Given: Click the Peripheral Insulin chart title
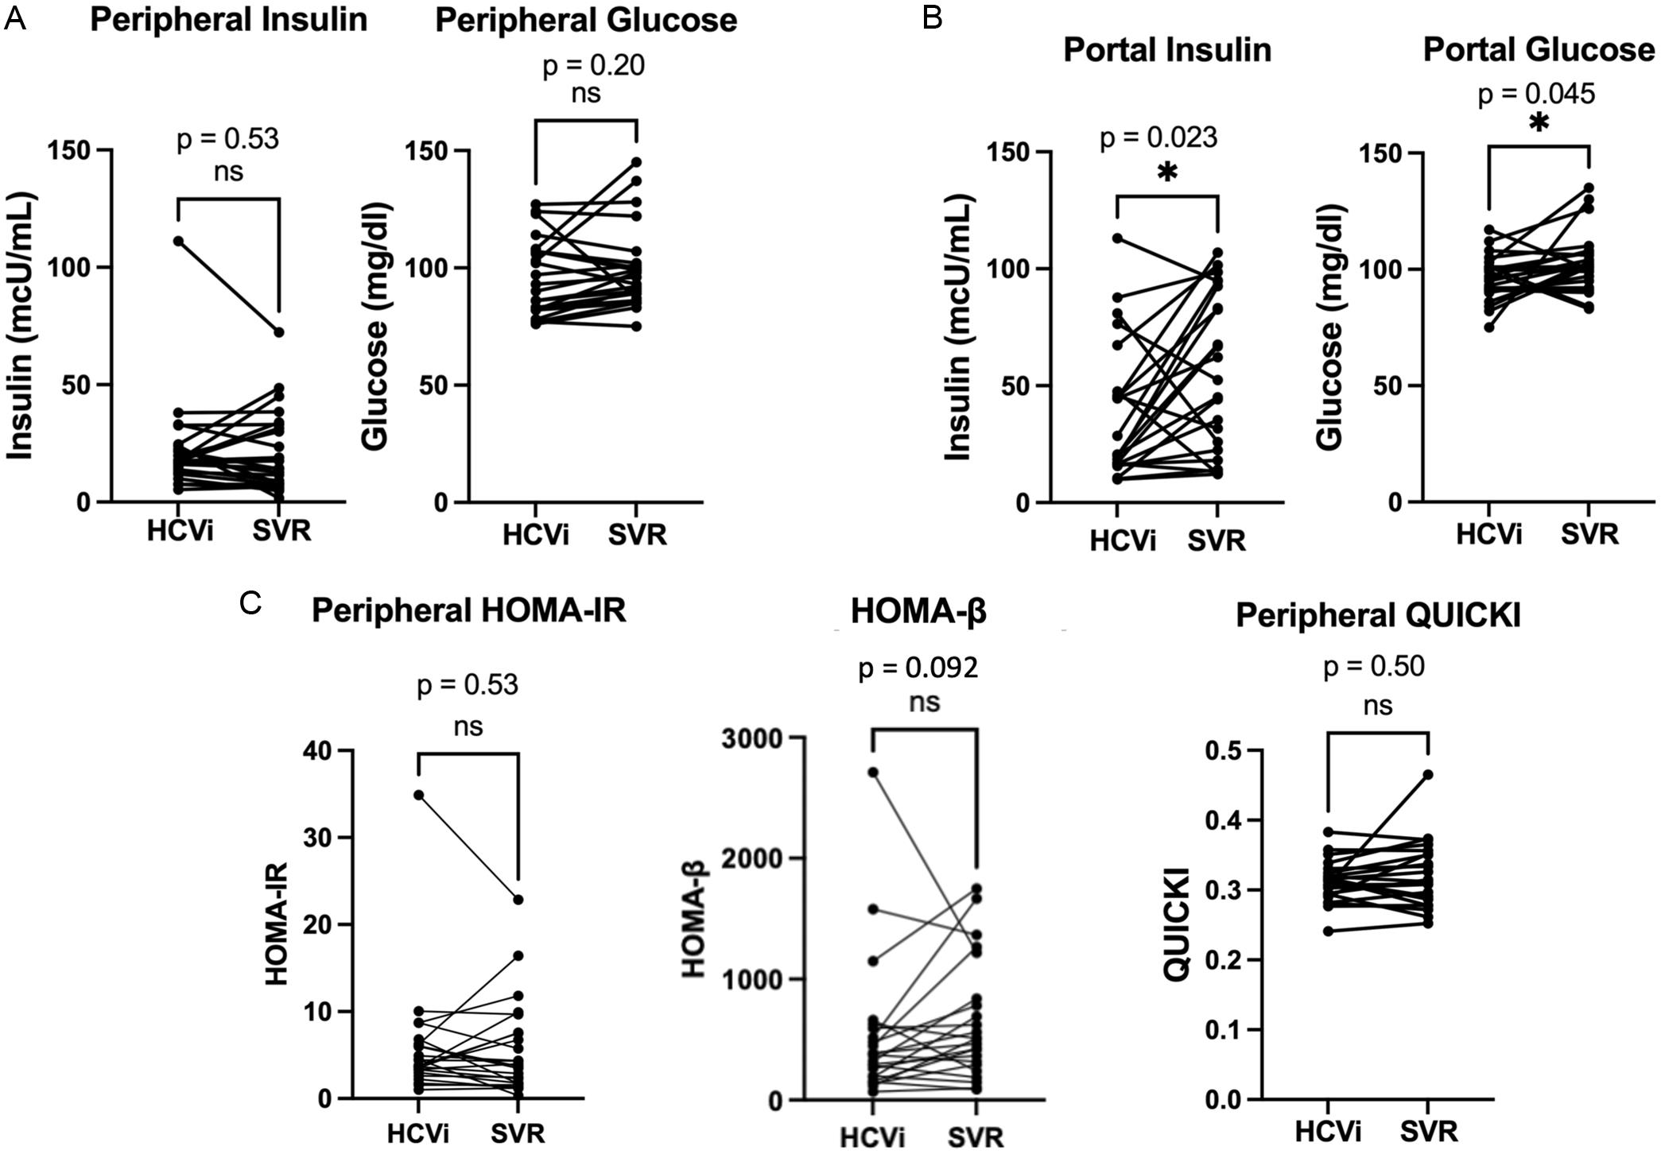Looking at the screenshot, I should click(228, 20).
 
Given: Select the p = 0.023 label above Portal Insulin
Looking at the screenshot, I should click(1158, 138).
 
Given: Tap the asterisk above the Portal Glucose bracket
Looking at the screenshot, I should click(1539, 124).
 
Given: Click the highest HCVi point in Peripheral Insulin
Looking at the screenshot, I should click(178, 241).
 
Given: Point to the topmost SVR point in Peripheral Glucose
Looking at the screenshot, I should click(636, 162).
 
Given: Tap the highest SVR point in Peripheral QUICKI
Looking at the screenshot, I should click(1428, 774).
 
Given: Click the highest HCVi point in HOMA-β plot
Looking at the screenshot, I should click(873, 772).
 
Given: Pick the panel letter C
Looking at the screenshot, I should click(250, 604).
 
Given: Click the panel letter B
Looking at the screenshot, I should click(932, 17).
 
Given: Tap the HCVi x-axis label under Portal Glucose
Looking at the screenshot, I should click(1488, 534).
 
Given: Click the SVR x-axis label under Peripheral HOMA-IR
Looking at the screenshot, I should click(518, 1133).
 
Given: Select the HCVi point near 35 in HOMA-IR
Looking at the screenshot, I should click(418, 795).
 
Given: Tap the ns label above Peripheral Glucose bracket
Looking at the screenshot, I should click(586, 94).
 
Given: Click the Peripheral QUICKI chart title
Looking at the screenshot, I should click(1377, 616).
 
